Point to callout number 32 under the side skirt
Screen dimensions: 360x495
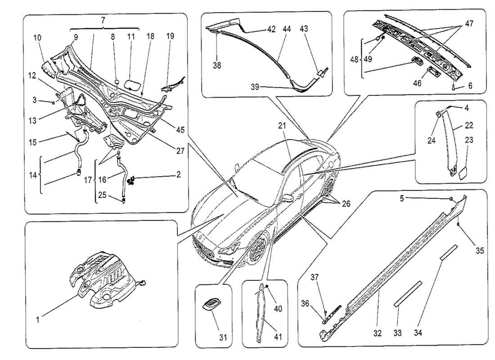coord(377,333)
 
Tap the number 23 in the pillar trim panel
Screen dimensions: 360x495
coord(469,140)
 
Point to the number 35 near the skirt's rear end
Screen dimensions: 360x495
coord(480,251)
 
